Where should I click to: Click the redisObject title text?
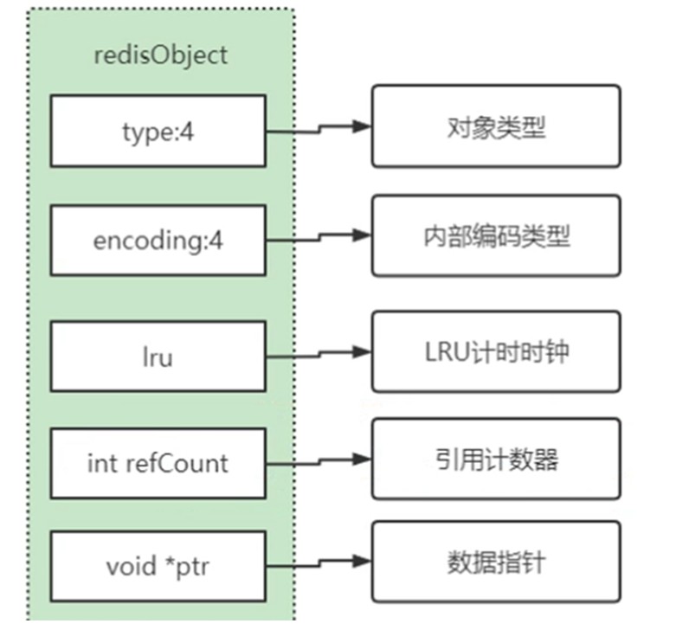(160, 56)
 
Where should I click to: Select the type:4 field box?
(158, 131)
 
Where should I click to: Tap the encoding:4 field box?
(158, 240)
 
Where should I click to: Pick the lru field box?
(158, 357)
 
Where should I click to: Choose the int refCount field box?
(158, 464)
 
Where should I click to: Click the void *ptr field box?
(158, 566)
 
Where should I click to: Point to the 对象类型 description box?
(496, 126)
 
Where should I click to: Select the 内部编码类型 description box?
(496, 235)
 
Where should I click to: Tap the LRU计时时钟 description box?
(496, 351)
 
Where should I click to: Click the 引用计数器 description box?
(496, 459)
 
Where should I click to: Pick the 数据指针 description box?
(496, 562)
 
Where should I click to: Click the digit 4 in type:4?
(187, 132)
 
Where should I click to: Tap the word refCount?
(177, 463)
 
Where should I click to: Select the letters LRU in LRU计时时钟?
(447, 352)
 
